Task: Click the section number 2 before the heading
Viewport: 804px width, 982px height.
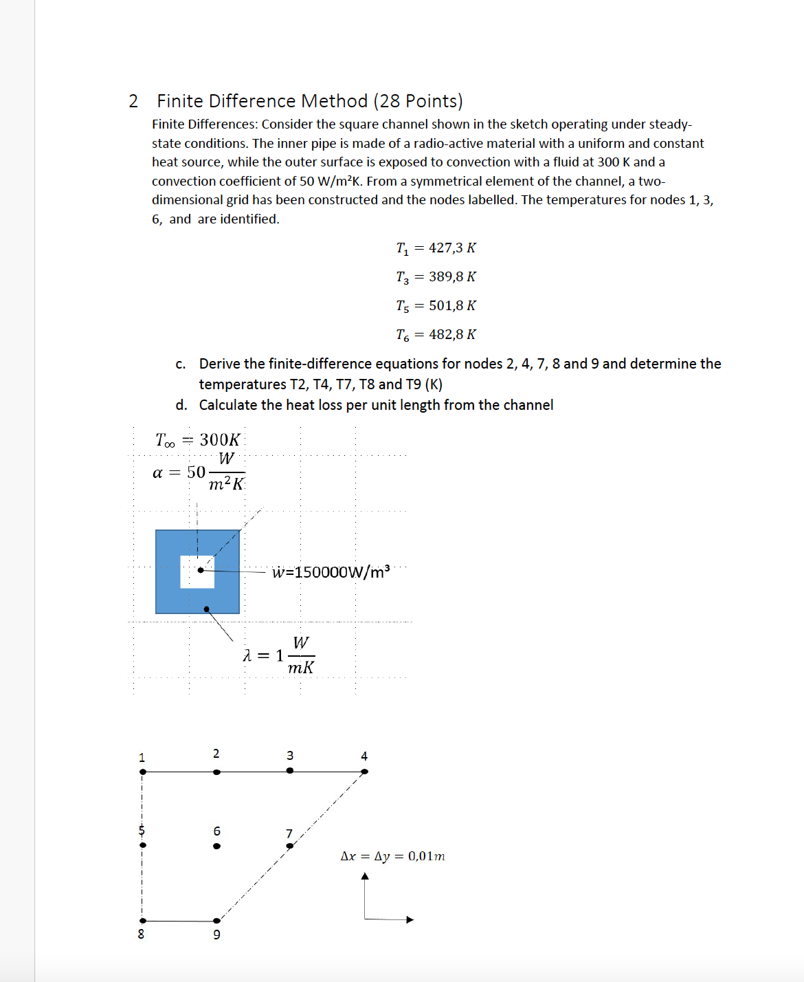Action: [x=133, y=101]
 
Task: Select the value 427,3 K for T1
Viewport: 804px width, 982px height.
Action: [x=452, y=248]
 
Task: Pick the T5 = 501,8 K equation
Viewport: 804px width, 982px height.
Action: [x=436, y=305]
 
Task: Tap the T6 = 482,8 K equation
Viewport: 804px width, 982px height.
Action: [x=436, y=334]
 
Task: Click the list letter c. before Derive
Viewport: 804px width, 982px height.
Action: [x=180, y=364]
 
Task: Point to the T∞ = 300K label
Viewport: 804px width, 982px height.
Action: [x=198, y=439]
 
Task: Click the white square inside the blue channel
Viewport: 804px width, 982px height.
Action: [x=197, y=571]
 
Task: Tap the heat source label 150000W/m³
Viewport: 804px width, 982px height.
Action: [x=331, y=572]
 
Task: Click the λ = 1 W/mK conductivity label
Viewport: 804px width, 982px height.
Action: [x=278, y=655]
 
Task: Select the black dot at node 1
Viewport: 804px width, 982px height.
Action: [x=143, y=772]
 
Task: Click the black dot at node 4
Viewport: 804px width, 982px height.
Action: [x=364, y=772]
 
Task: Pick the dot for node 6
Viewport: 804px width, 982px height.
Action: [x=216, y=846]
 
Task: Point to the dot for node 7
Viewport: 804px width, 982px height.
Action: [x=289, y=846]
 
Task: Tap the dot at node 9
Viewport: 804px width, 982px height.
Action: [x=216, y=920]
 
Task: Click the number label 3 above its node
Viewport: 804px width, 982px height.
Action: [x=290, y=755]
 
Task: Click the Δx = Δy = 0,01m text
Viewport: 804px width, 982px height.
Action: [x=392, y=856]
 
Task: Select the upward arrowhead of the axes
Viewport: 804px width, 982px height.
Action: [x=365, y=876]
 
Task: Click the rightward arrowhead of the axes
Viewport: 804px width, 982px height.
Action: [x=410, y=919]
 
